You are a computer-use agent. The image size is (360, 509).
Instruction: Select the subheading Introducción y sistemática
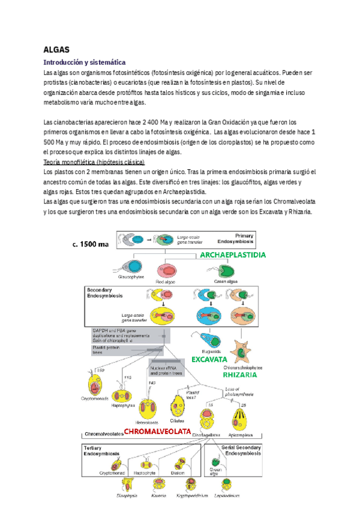84,62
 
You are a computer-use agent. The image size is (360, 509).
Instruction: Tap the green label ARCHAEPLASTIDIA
233,255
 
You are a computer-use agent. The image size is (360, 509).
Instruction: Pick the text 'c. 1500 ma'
87,244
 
